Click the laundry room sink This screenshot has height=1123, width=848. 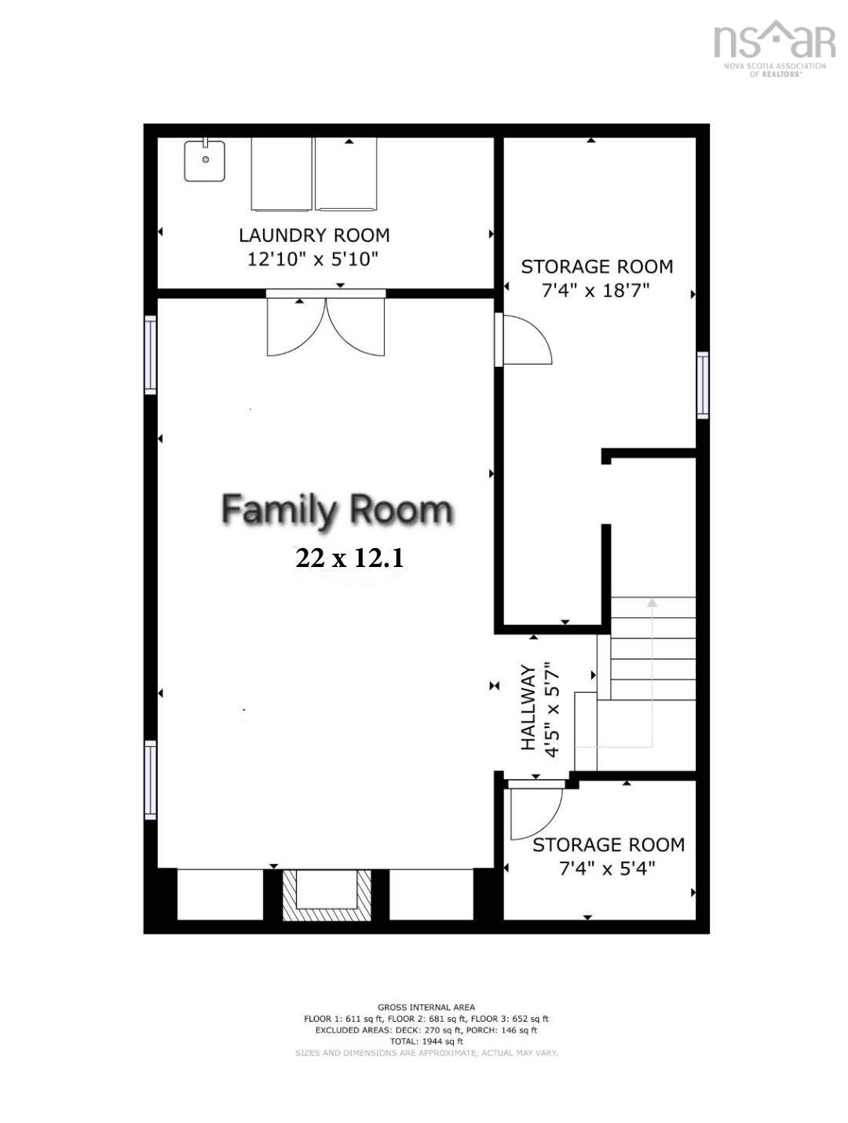pyautogui.click(x=205, y=160)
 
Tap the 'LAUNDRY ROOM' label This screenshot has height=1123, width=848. pyautogui.click(x=314, y=236)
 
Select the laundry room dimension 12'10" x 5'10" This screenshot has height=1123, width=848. pyautogui.click(x=313, y=259)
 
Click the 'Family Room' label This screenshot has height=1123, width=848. pyautogui.click(x=338, y=510)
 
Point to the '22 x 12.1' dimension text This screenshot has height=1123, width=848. pyautogui.click(x=349, y=558)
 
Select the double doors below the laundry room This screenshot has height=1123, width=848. pyautogui.click(x=326, y=324)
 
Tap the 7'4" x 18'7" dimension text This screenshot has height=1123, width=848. pyautogui.click(x=596, y=291)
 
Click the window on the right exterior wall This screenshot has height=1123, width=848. pyautogui.click(x=703, y=385)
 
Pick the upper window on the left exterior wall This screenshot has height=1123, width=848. pyautogui.click(x=150, y=354)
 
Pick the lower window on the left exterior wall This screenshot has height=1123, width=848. pyautogui.click(x=150, y=780)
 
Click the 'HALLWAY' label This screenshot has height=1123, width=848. pyautogui.click(x=528, y=707)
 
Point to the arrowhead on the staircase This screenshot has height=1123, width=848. pyautogui.click(x=652, y=602)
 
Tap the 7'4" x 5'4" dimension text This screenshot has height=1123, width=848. pyautogui.click(x=607, y=869)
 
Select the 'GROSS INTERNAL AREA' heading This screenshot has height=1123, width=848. pyautogui.click(x=426, y=1007)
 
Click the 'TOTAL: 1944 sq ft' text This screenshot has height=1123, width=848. pyautogui.click(x=426, y=1041)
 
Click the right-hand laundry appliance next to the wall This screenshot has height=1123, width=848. pyautogui.click(x=345, y=174)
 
